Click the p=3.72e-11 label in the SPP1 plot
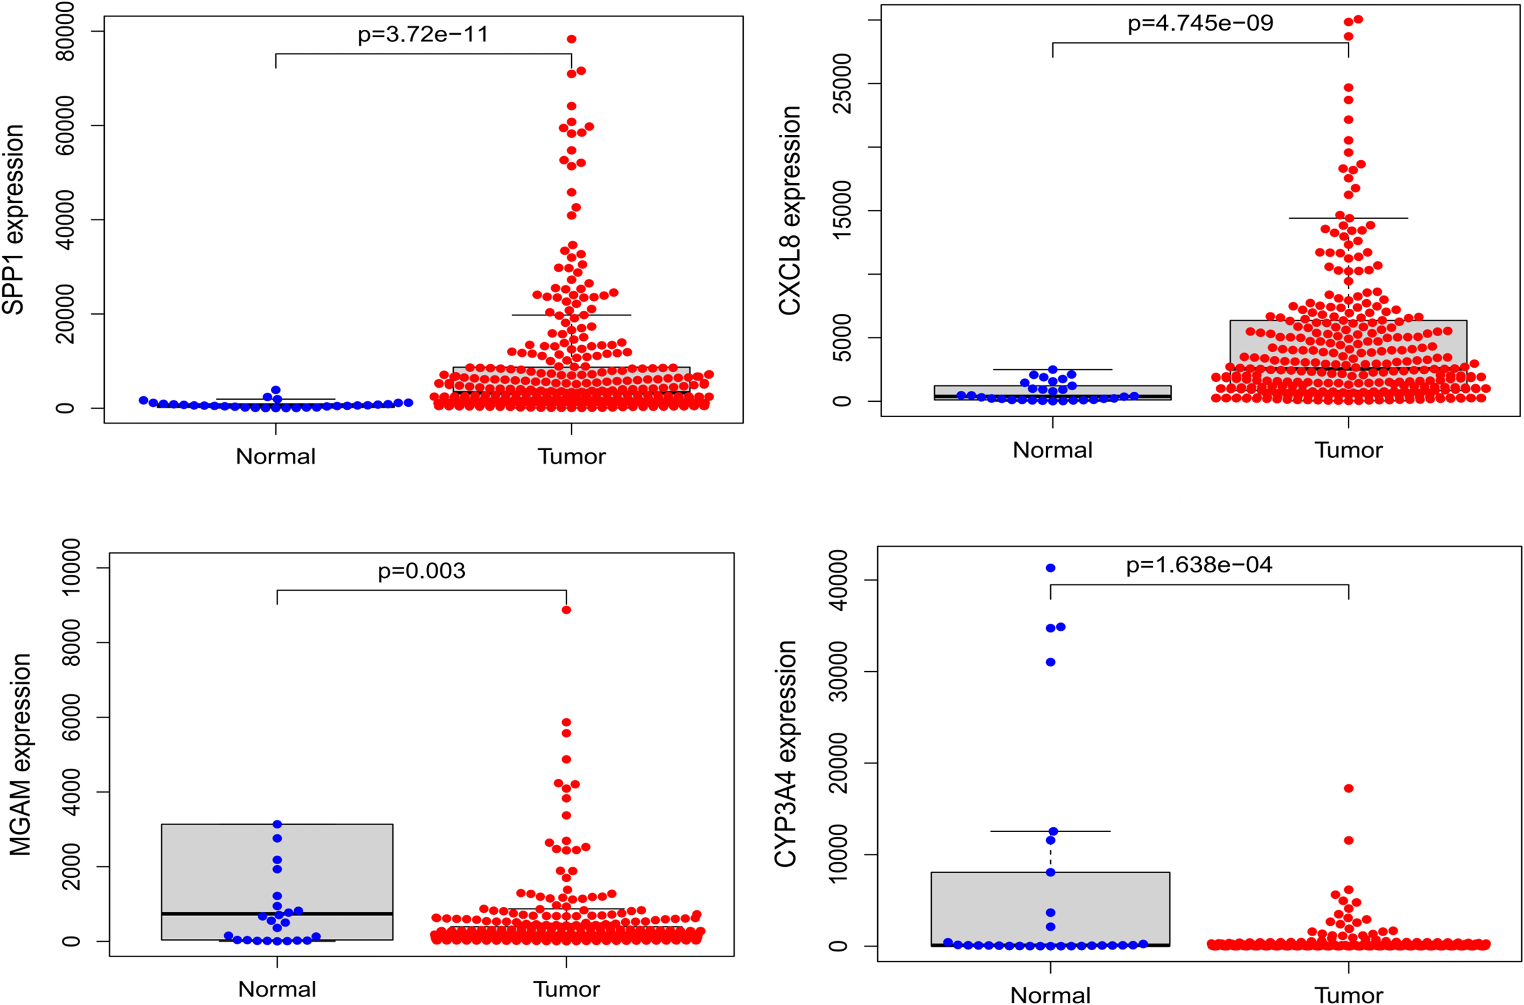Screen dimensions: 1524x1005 pyautogui.click(x=423, y=34)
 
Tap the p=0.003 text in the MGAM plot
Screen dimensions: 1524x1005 pyautogui.click(x=422, y=570)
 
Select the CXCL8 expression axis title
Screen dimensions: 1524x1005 pyautogui.click(x=790, y=210)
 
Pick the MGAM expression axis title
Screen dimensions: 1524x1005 pyautogui.click(x=20, y=755)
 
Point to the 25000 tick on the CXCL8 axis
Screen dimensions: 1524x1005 pyautogui.click(x=841, y=83)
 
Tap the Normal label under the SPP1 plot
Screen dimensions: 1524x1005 pyautogui.click(x=275, y=456)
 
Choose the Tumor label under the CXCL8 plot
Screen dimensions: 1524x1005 pyautogui.click(x=1349, y=450)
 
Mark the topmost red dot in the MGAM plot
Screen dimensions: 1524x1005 pyautogui.click(x=567, y=610)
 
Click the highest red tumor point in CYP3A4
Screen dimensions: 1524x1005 pyautogui.click(x=1349, y=789)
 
